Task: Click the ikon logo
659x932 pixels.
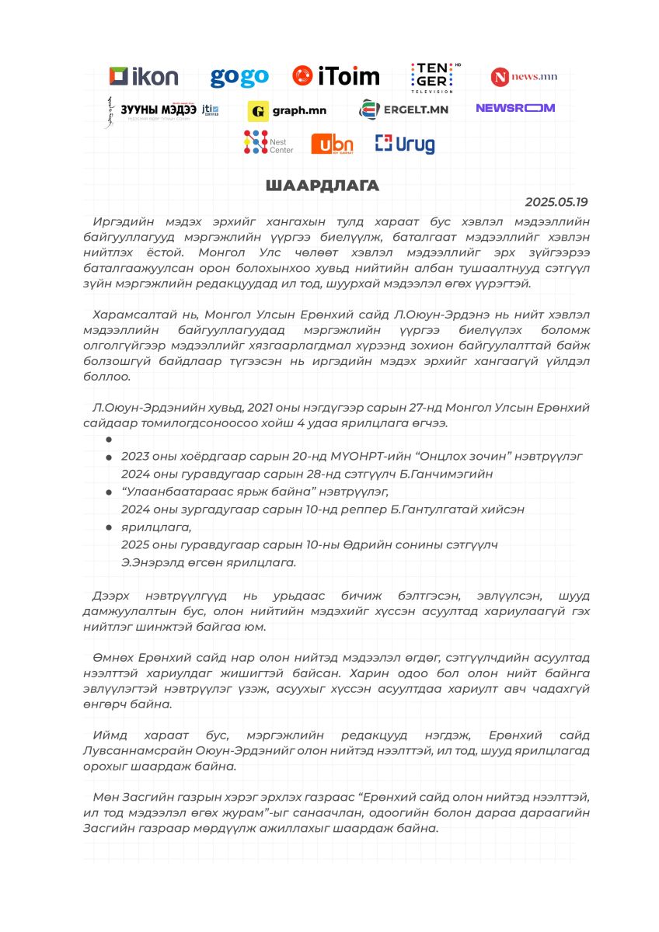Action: pos(144,76)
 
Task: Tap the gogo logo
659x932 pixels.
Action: pos(239,77)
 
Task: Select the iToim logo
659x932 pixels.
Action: pos(336,76)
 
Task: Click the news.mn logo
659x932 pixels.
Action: pos(524,77)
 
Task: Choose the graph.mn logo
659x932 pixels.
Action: pos(287,111)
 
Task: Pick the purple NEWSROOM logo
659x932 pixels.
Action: pos(515,108)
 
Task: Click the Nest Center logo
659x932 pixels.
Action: pos(268,143)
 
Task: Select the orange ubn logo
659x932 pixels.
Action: pos(332,144)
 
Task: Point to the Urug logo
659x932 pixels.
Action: pos(405,144)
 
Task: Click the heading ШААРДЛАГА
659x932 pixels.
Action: pos(322,186)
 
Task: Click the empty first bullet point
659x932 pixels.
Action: pos(110,440)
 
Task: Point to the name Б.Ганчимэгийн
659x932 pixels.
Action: pos(451,474)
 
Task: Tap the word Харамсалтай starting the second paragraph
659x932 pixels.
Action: pos(133,315)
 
